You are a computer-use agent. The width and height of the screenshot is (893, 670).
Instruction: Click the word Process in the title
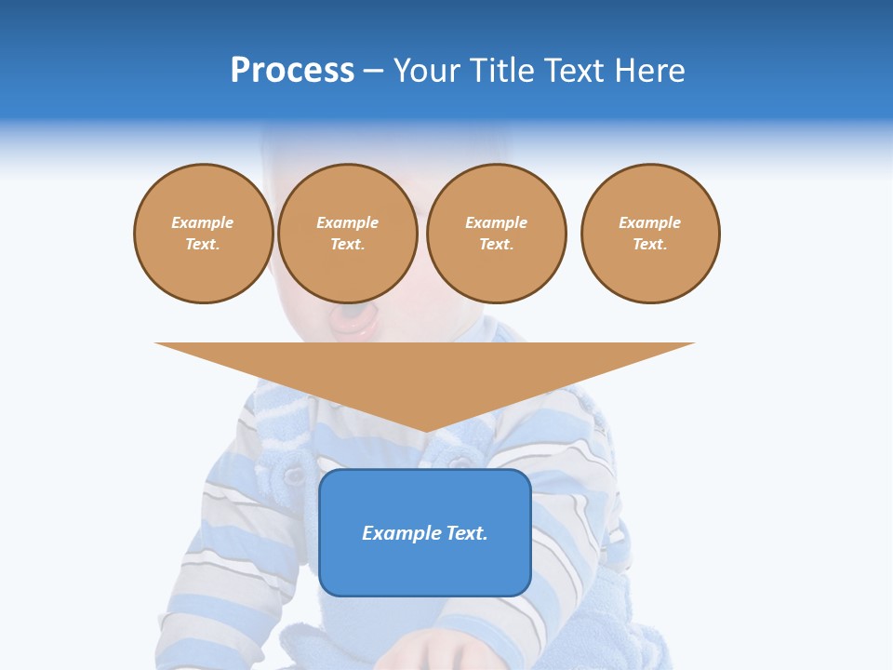pyautogui.click(x=292, y=71)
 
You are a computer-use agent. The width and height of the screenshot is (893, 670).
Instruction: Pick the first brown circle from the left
pyautogui.click(x=204, y=234)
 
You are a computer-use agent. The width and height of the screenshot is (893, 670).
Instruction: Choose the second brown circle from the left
pyautogui.click(x=348, y=234)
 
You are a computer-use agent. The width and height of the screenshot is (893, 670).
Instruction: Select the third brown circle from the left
pyautogui.click(x=497, y=234)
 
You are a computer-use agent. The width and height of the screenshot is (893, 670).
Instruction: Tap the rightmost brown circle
pyautogui.click(x=650, y=234)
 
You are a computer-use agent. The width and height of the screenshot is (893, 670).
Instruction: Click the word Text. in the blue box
pyautogui.click(x=466, y=533)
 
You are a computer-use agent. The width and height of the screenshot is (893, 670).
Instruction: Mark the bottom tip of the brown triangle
pyautogui.click(x=425, y=431)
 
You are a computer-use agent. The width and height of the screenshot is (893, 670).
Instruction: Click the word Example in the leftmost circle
pyautogui.click(x=203, y=223)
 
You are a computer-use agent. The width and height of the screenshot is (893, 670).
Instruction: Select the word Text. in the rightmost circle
pyautogui.click(x=650, y=245)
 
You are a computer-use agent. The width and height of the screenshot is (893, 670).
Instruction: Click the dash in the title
pyautogui.click(x=374, y=71)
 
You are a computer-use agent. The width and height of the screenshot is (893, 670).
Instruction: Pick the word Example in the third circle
pyautogui.click(x=497, y=223)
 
